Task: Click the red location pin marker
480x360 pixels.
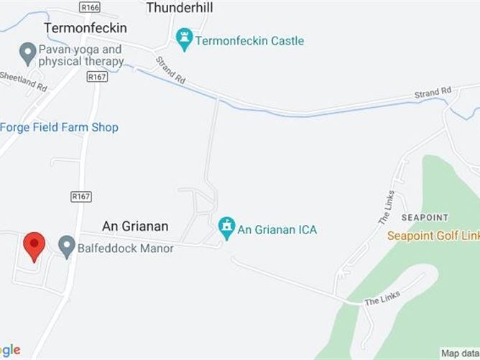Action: pyautogui.click(x=34, y=246)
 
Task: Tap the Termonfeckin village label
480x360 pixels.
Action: pyautogui.click(x=85, y=28)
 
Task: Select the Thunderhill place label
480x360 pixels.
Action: pyautogui.click(x=180, y=8)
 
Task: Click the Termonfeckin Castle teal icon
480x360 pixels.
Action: pyautogui.click(x=185, y=40)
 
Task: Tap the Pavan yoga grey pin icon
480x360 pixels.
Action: pyautogui.click(x=27, y=52)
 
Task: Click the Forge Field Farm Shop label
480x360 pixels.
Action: pyautogui.click(x=59, y=127)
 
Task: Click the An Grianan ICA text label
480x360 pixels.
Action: pyautogui.click(x=277, y=230)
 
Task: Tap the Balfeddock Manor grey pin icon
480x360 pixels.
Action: pyautogui.click(x=66, y=248)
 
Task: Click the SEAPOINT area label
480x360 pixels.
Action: pyautogui.click(x=425, y=217)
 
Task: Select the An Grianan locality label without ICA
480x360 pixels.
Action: pyautogui.click(x=135, y=226)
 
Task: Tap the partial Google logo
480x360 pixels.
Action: pyautogui.click(x=10, y=350)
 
